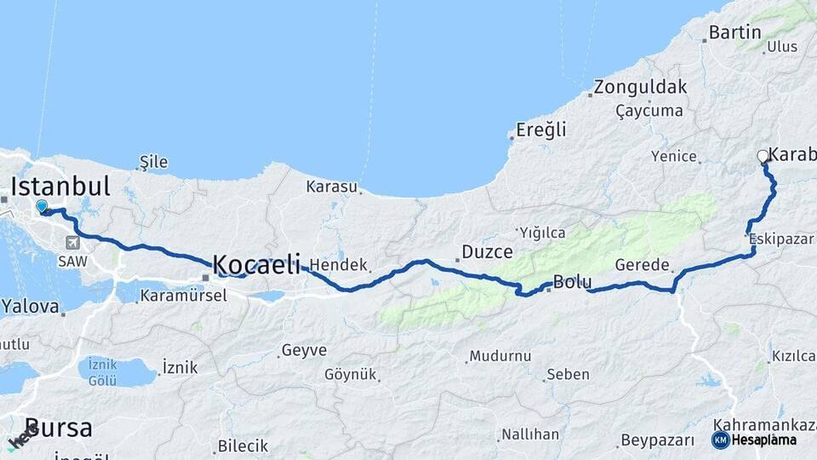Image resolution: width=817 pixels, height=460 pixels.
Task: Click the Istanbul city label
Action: [x=60, y=186]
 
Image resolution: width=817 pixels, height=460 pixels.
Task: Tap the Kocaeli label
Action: [x=255, y=265]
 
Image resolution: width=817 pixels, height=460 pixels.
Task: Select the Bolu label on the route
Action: [x=572, y=282]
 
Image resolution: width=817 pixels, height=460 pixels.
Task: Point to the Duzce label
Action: [x=487, y=251]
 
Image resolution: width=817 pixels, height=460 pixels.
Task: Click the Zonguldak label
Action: [x=640, y=87]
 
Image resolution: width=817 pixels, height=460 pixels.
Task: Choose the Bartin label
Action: [x=734, y=33]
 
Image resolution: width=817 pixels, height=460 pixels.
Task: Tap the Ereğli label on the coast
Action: [x=541, y=130]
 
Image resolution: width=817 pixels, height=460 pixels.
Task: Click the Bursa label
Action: [x=58, y=428]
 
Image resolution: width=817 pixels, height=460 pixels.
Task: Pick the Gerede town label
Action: [x=642, y=265]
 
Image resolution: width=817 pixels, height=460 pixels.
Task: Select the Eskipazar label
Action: [x=781, y=240]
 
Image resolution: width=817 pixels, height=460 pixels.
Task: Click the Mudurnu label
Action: [x=500, y=355]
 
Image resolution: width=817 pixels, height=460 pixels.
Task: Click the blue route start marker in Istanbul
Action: [x=41, y=205]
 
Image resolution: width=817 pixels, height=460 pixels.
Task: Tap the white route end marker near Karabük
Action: [x=763, y=156]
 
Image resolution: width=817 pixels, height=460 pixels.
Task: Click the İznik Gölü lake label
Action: [x=102, y=372]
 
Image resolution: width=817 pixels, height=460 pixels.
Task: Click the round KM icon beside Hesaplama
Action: [x=721, y=440]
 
